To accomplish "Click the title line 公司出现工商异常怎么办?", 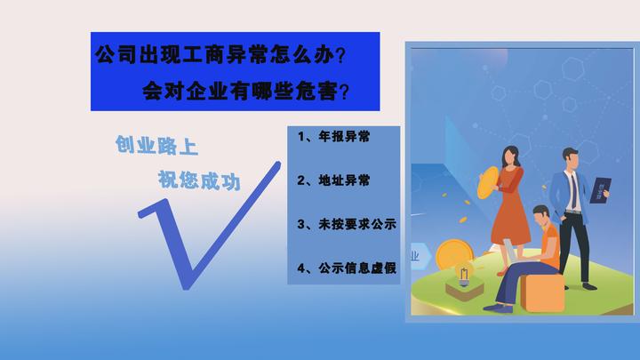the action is pyautogui.click(x=220, y=54).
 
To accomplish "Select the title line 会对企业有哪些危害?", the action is pyautogui.click(x=245, y=91).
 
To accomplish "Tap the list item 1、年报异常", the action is pyautogui.click(x=333, y=136).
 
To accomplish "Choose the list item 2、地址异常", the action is pyautogui.click(x=333, y=180).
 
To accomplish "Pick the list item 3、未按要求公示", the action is pyautogui.click(x=347, y=224).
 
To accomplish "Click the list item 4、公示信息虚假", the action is pyautogui.click(x=347, y=268).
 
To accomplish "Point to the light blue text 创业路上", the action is pyautogui.click(x=156, y=145).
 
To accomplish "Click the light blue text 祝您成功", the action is pyautogui.click(x=199, y=180).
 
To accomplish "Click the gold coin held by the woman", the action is pyautogui.click(x=488, y=182).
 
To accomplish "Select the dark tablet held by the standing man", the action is pyautogui.click(x=600, y=190).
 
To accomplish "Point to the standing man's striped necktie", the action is pyautogui.click(x=573, y=191).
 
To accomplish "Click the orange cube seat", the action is pyautogui.click(x=541, y=292).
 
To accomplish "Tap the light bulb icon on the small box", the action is pyautogui.click(x=464, y=276).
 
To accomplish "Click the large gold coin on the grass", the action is pyautogui.click(x=454, y=256).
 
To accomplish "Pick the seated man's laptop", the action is pyautogui.click(x=510, y=251).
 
